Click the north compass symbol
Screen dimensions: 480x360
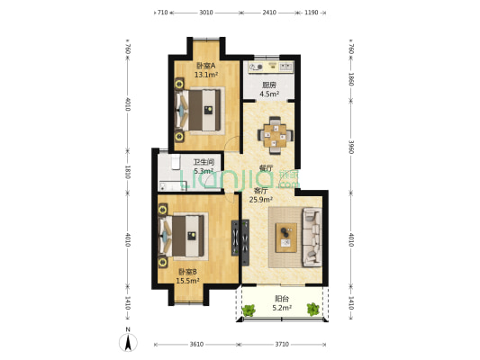(128, 341)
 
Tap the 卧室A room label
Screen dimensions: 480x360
(205, 66)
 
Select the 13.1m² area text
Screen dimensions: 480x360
(206, 75)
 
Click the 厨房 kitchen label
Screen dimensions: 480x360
(269, 85)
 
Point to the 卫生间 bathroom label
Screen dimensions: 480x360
(204, 162)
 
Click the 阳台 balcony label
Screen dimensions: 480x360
(282, 299)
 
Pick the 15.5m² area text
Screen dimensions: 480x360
(187, 281)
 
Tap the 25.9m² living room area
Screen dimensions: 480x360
(261, 200)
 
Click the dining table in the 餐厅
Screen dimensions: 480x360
(276, 135)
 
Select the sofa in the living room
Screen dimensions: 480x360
(312, 237)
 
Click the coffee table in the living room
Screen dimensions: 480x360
(286, 238)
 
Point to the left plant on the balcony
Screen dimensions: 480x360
(249, 310)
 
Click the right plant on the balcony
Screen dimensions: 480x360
(313, 309)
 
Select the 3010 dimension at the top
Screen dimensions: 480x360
(206, 13)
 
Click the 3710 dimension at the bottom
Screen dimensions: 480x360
(282, 345)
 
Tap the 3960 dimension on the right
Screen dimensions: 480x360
(351, 147)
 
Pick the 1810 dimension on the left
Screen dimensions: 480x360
(128, 172)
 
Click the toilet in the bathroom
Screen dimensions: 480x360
(176, 162)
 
